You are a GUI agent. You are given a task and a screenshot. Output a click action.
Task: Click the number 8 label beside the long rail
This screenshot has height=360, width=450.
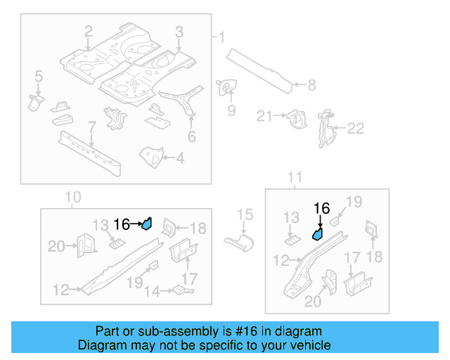click(311, 85)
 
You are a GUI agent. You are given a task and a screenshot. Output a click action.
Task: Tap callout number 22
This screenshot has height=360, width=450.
click(356, 128)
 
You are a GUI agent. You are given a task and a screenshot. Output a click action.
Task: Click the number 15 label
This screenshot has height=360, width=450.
click(244, 214)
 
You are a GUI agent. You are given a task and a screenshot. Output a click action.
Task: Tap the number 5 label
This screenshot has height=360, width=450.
click(39, 75)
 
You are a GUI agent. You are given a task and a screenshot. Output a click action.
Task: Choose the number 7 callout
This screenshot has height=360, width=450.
click(91, 127)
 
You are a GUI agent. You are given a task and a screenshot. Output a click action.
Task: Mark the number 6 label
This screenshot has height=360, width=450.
click(191, 138)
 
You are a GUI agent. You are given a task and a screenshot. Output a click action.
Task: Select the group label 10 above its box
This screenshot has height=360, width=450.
click(73, 197)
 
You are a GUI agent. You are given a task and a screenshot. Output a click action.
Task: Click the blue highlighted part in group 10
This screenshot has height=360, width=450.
click(147, 224)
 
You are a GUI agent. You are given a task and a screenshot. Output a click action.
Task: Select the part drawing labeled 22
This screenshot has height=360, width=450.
click(326, 129)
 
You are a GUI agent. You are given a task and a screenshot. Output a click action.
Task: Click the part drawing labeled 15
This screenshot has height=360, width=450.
click(238, 243)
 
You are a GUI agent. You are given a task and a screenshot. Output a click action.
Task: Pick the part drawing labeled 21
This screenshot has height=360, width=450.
click(297, 119)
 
